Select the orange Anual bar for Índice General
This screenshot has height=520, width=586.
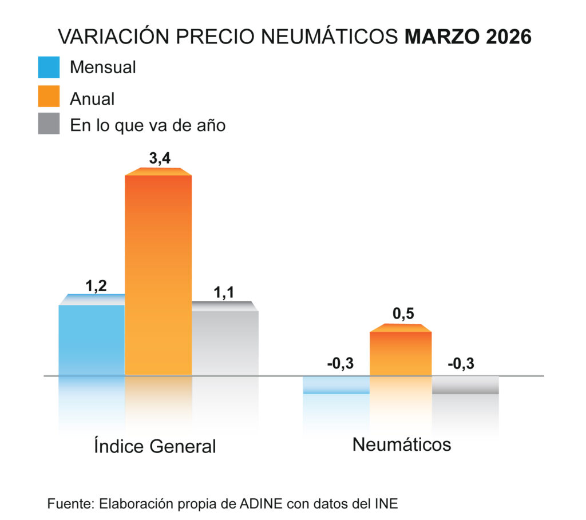[158, 275]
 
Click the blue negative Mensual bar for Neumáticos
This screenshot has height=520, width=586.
[336, 385]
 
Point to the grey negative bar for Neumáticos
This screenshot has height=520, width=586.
[465, 385]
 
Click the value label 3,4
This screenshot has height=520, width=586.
[158, 159]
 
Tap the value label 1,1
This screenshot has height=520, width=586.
[225, 292]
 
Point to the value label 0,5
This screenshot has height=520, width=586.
[403, 314]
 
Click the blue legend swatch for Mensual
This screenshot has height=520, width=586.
[49, 67]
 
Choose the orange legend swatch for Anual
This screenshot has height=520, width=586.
[49, 96]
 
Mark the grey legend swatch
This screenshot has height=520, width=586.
[49, 124]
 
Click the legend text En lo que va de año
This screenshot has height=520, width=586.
[148, 125]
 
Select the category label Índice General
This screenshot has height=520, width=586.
[155, 446]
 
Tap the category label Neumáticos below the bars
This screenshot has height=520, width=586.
[402, 444]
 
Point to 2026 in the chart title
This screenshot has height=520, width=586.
[509, 37]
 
